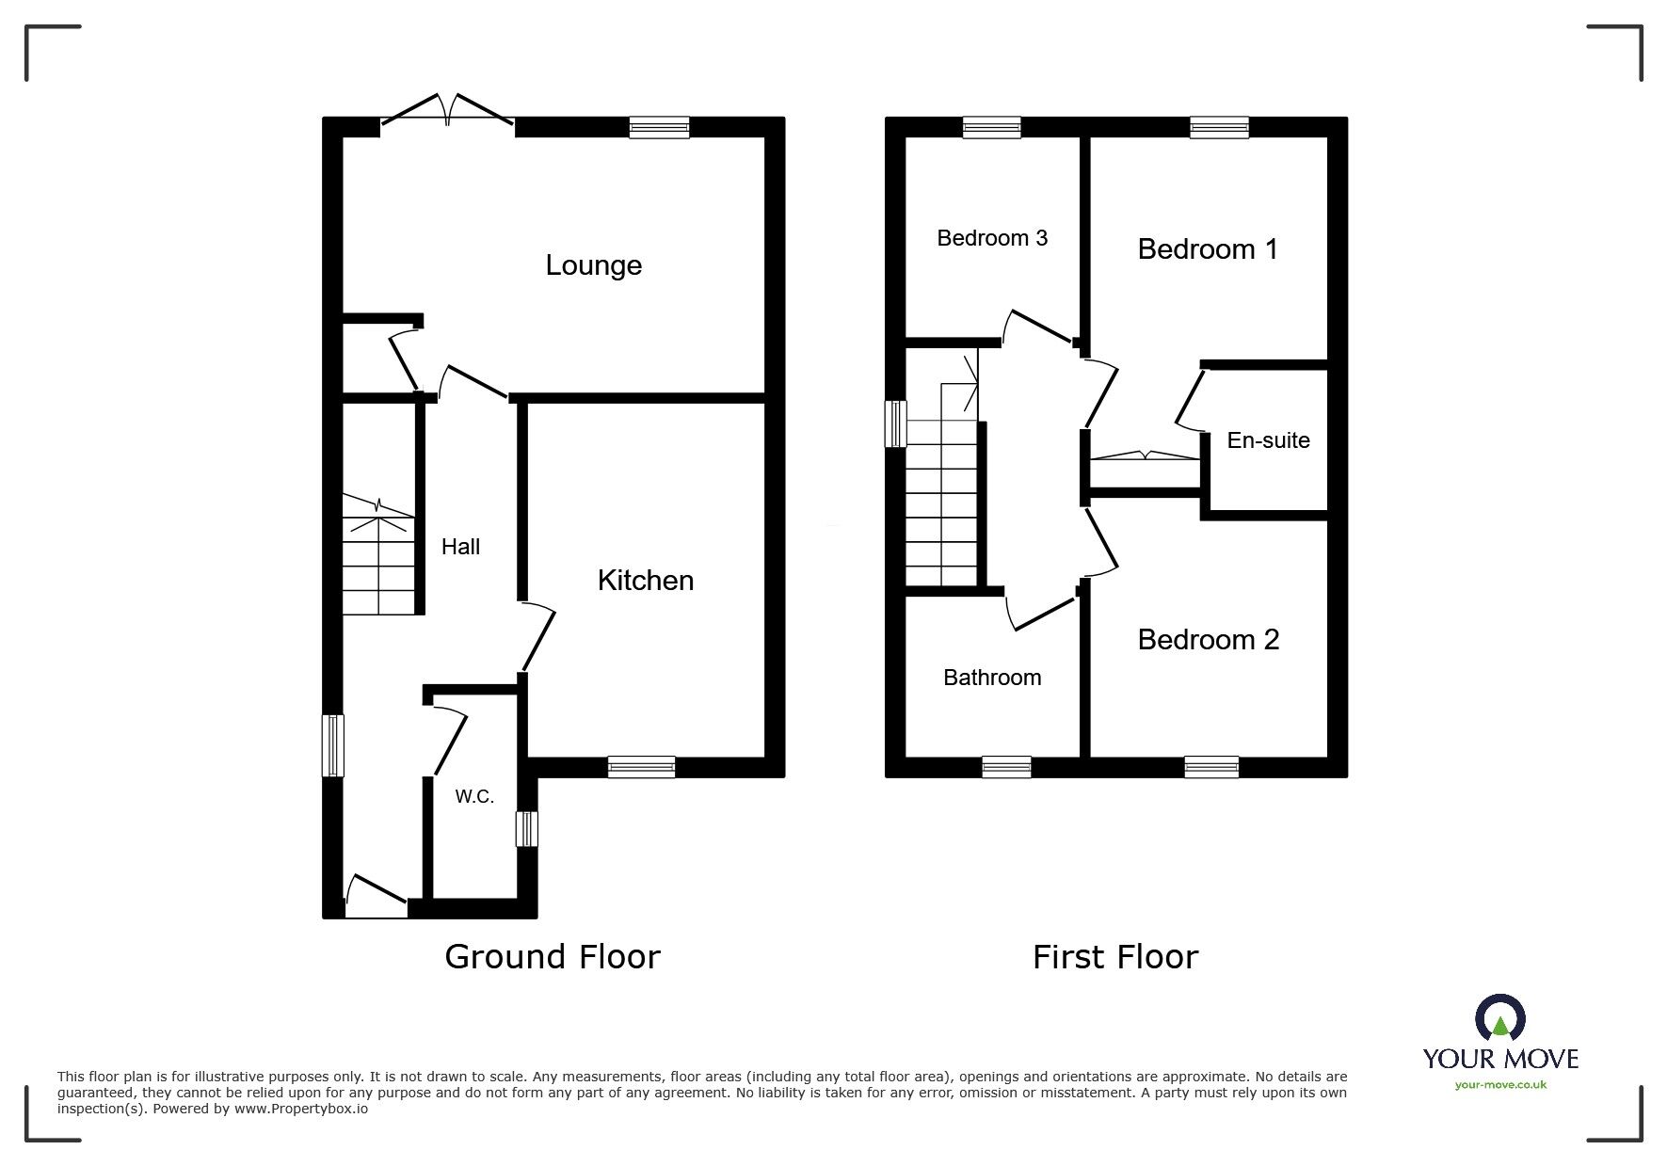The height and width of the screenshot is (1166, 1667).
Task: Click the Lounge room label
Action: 593,265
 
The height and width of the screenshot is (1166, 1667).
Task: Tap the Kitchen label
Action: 646,581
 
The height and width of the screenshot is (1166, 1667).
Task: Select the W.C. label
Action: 474,797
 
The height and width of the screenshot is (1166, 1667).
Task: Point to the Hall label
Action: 460,547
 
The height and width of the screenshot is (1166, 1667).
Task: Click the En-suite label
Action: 1268,440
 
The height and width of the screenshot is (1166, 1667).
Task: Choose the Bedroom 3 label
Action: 992,238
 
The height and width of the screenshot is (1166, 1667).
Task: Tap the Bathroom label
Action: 992,678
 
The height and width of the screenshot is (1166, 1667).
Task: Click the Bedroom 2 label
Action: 1208,640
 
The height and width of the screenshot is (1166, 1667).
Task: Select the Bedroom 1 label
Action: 1208,249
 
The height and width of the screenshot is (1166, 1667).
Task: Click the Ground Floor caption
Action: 553,957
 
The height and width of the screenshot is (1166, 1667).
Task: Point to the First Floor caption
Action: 1115,957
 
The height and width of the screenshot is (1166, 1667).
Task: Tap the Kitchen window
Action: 641,767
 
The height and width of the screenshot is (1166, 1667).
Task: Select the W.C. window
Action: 527,829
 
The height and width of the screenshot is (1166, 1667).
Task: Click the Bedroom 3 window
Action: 992,127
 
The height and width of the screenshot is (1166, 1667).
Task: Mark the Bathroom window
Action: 1006,767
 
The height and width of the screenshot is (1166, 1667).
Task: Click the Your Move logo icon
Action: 1499,1019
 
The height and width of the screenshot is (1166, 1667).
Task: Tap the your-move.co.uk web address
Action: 1500,1085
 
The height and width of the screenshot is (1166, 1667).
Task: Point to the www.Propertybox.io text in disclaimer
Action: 301,1109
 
